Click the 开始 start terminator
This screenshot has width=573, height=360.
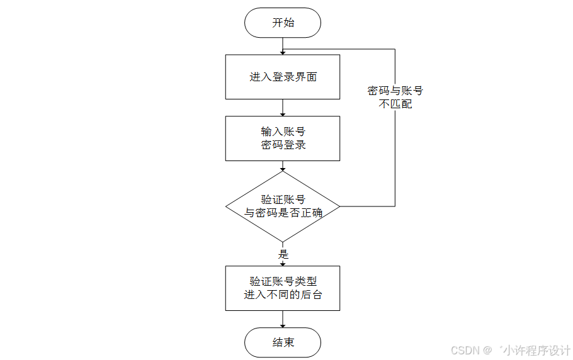(283, 23)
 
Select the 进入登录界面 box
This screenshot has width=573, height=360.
(283, 77)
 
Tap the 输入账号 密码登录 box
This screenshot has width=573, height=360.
(283, 138)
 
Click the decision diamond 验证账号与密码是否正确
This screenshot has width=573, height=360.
(283, 206)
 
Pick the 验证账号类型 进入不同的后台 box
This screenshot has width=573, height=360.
(283, 288)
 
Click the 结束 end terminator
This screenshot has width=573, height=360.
(283, 343)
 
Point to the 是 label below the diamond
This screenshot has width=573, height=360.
(283, 254)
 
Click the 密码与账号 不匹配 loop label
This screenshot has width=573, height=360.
(395, 98)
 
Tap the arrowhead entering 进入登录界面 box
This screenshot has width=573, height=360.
(283, 52)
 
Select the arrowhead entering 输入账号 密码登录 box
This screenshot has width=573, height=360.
(283, 113)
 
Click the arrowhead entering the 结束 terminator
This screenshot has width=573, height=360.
(283, 325)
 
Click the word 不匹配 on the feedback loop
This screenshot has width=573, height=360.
(395, 104)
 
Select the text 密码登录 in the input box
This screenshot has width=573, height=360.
(283, 145)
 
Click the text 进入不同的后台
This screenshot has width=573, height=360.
(283, 295)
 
